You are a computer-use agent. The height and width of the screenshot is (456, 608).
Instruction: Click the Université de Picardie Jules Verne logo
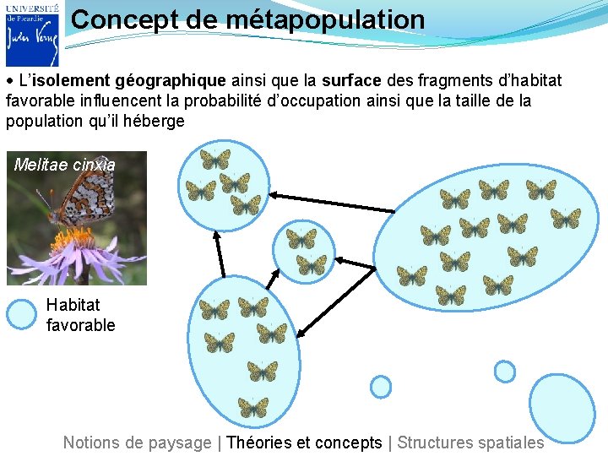pos(32,34)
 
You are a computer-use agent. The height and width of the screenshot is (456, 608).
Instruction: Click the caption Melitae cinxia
pos(65,165)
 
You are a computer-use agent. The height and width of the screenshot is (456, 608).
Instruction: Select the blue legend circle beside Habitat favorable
pos(21,314)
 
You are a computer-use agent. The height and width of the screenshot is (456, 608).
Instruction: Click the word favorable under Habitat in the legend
pos(81,325)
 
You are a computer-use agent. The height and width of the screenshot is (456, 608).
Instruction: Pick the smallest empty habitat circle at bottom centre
pos(382,387)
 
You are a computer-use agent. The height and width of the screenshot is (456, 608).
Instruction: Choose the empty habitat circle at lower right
pos(504,372)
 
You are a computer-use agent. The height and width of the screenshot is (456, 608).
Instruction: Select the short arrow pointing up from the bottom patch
pos(219,253)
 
